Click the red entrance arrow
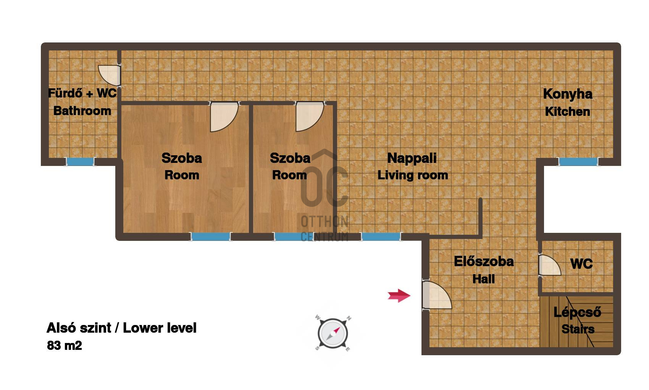(x=399, y=296)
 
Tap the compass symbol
(x=333, y=333)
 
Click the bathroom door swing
(x=109, y=75)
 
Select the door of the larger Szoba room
(x=224, y=117)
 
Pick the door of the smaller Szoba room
(x=310, y=116)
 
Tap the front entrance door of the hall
(x=436, y=295)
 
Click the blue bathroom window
(x=80, y=162)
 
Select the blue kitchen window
(x=578, y=162)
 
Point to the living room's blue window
(x=381, y=237)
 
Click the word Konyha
(x=568, y=94)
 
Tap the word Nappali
(x=412, y=158)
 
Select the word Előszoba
(x=484, y=262)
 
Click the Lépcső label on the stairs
(x=577, y=312)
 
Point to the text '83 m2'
(x=64, y=346)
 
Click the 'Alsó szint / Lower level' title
(x=121, y=328)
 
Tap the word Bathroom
(x=82, y=111)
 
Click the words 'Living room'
(x=413, y=175)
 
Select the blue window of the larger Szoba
(x=211, y=237)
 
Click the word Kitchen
(x=567, y=111)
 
